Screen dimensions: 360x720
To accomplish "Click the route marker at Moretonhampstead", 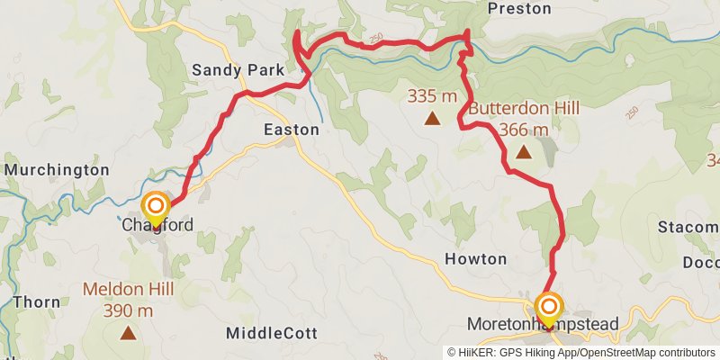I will [548, 308].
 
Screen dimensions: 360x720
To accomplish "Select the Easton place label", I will [291, 130].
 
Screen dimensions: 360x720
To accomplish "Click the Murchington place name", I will [56, 169].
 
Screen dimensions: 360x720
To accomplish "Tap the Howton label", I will [476, 259].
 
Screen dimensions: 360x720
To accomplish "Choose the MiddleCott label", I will [272, 333].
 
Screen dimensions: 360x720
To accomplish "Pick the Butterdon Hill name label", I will [522, 109].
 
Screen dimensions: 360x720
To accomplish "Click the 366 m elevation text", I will [523, 130].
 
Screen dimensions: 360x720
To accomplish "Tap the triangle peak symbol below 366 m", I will [523, 153].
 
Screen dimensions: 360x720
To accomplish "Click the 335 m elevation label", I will [432, 96].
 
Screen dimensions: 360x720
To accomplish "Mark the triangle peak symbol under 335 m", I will [432, 117].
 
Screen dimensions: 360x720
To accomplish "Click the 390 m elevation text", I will [128, 311].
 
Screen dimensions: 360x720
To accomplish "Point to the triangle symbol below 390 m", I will [128, 333].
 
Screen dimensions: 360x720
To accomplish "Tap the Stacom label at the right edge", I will [688, 226].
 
